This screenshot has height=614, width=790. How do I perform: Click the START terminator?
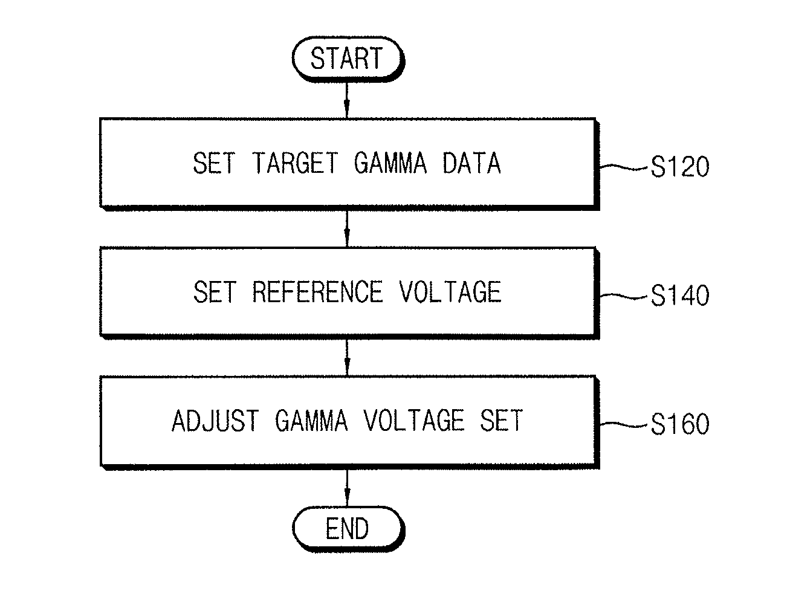[x=348, y=59]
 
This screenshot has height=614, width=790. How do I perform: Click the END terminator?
[x=348, y=529]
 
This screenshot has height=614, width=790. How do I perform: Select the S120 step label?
[x=679, y=167]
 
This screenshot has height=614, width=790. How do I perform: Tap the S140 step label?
[x=679, y=296]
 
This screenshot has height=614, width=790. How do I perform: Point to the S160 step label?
[x=679, y=424]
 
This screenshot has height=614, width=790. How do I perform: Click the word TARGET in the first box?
[x=295, y=163]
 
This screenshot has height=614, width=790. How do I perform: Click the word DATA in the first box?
[x=471, y=163]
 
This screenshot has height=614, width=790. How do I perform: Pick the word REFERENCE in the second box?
[x=317, y=292]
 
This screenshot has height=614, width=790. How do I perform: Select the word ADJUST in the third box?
[x=215, y=421]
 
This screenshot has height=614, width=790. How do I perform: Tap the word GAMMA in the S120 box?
[x=390, y=163]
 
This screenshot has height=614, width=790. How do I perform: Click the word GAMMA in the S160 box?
[x=311, y=421]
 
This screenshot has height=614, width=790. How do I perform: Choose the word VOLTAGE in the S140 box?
[x=450, y=292]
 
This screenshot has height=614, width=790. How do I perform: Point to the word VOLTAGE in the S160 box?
[x=414, y=421]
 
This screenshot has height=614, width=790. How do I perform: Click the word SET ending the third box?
[x=501, y=421]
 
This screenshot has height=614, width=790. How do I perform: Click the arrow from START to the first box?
[x=347, y=100]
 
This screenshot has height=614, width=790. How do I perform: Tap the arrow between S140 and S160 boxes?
[x=347, y=358]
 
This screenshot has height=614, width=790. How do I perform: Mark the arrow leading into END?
[x=347, y=488]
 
